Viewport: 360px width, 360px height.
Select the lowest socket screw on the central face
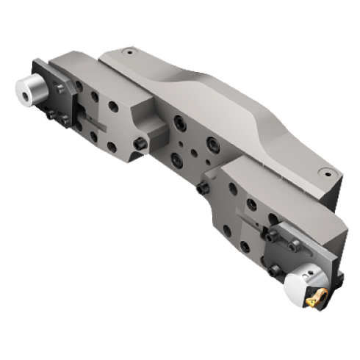click(x=176, y=156)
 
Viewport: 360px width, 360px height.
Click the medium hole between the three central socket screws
click(x=192, y=137)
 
